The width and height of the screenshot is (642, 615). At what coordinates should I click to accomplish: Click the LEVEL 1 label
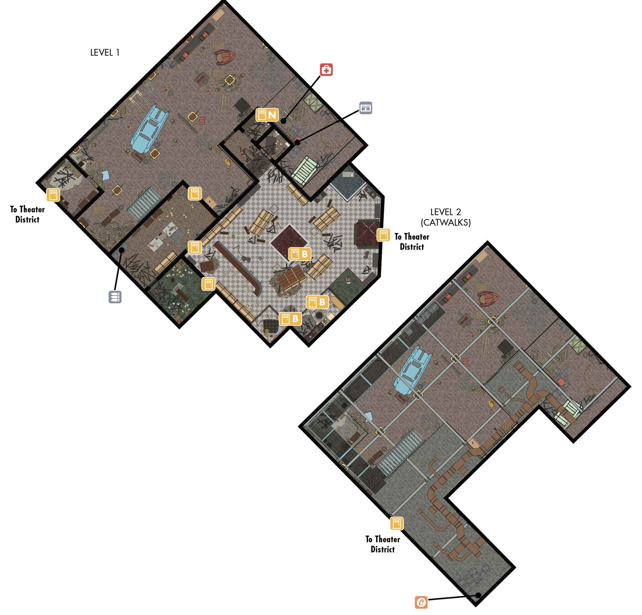coord(105,52)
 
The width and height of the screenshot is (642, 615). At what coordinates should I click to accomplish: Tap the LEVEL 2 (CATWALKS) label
coord(446,217)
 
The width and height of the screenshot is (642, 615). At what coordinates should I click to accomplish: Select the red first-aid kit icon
coord(326,70)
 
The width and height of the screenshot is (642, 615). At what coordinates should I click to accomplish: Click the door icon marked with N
coord(267,115)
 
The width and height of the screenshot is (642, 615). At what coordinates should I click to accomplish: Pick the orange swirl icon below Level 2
coord(421,602)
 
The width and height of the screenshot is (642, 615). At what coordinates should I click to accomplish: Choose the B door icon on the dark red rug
coord(299,254)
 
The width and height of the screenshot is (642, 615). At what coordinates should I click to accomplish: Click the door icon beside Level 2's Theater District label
coord(397,524)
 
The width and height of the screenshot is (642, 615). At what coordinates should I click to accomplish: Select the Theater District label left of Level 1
coord(27,214)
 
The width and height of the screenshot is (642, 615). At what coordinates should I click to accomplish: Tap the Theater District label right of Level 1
coord(412,242)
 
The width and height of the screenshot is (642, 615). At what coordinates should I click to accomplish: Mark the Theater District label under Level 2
coord(383,544)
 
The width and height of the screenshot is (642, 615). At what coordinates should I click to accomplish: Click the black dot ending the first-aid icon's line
coord(283,121)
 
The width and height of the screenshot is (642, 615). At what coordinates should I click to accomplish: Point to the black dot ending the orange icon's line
coord(478,595)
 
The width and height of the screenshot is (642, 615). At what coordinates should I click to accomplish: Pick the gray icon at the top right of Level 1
coord(366,108)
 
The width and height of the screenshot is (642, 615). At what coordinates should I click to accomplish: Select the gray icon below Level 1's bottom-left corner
coord(115,297)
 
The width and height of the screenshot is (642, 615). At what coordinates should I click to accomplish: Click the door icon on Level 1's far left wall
coord(53,195)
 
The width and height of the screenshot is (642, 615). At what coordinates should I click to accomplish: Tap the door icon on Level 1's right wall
coord(383,235)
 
